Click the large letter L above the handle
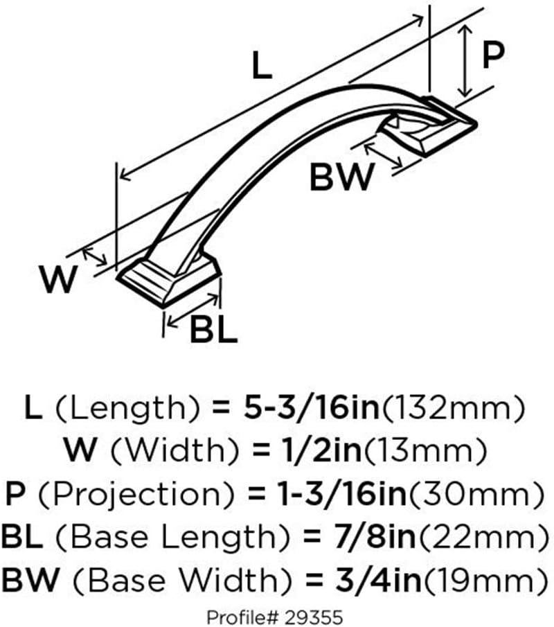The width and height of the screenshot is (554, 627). (262, 66)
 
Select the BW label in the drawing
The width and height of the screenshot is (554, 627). (342, 177)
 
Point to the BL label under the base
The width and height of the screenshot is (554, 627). (213, 330)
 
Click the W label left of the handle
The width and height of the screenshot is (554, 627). (58, 279)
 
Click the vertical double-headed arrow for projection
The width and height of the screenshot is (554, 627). (465, 60)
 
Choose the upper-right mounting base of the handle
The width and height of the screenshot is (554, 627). (429, 126)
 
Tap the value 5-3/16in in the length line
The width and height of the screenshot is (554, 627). (312, 407)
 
